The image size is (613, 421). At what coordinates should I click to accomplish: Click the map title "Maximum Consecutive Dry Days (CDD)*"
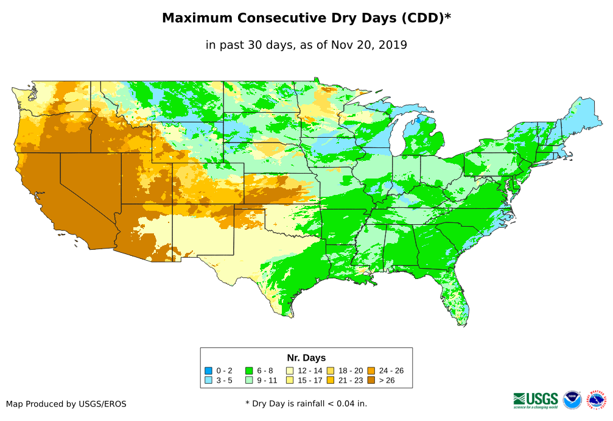coord(306,18)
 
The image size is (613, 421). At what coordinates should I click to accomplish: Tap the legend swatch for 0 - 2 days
coord(209,370)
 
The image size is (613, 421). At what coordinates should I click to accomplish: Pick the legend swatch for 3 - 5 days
coord(209,380)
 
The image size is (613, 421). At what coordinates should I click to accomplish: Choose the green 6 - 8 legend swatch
coord(249,370)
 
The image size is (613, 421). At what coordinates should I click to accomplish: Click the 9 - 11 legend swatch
coord(249,380)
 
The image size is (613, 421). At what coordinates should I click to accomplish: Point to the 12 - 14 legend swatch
coord(290,370)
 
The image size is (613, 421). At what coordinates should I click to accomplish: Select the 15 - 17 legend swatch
coord(290,380)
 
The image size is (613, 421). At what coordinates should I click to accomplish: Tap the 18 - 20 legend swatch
coord(330,370)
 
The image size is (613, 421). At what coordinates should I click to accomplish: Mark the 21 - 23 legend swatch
coord(330,380)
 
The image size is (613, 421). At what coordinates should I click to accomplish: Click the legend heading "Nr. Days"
coord(306,358)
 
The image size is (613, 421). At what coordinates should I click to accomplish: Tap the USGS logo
coord(536,400)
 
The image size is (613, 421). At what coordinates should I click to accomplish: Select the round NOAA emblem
coord(572,400)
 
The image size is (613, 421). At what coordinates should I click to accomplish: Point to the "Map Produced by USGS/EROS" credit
coord(66,404)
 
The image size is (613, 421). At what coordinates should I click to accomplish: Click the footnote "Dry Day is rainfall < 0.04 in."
coord(306,403)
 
